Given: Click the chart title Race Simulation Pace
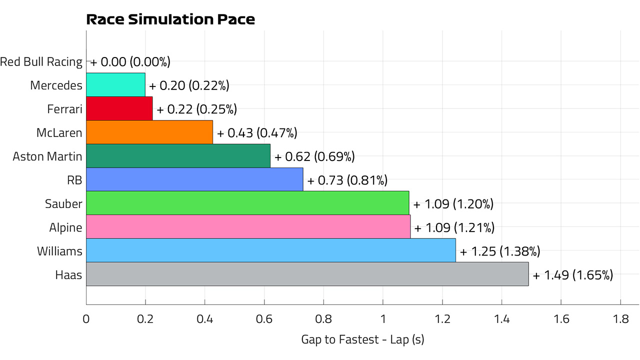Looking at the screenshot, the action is [170, 19].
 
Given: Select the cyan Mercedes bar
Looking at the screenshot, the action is [115, 85].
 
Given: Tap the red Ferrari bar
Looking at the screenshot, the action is [119, 108].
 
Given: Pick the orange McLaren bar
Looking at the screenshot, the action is [149, 132].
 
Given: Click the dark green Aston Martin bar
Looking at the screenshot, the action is [178, 156].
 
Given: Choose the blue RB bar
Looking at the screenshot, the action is [194, 179].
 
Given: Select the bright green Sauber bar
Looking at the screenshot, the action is [247, 203].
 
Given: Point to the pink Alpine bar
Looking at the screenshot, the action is [248, 227].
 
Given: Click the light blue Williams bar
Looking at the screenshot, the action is [271, 250].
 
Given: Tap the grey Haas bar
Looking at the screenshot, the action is [307, 274].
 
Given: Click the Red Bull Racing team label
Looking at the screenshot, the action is [41, 62].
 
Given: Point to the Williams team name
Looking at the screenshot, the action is [59, 251].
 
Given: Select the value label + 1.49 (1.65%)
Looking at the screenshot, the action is [573, 275].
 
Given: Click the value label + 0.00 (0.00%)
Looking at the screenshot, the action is [130, 62].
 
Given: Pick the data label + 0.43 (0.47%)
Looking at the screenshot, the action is [257, 133].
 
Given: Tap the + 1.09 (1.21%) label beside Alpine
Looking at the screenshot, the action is [454, 228].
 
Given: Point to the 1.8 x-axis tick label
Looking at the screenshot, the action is [620, 319].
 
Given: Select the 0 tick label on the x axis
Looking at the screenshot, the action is [86, 319].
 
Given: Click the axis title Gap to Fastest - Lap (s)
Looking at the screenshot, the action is [362, 339].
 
